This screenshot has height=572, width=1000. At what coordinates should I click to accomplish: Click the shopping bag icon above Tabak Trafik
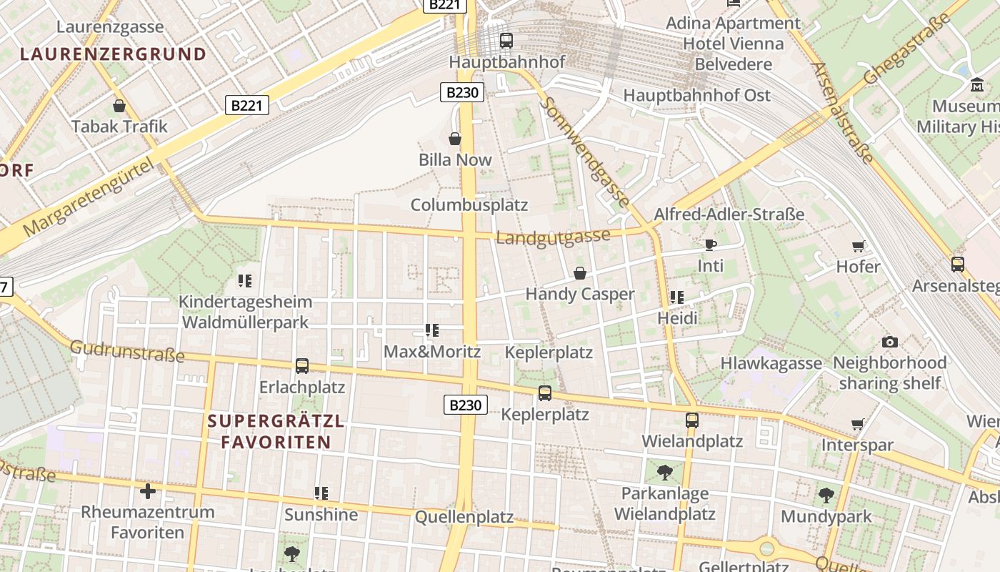119,107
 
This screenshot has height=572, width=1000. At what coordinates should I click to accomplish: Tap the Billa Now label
455,159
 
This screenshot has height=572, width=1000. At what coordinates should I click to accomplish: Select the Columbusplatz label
469,205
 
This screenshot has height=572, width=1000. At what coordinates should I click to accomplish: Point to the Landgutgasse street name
554,237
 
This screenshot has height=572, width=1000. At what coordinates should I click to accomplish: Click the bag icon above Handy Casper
580,273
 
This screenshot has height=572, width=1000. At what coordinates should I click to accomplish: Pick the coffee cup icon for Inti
710,245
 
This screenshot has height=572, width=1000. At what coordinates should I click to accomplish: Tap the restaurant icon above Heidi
677,297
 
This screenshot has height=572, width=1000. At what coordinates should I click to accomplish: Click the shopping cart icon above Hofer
858,247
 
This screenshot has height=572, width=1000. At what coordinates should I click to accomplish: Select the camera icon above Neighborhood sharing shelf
889,342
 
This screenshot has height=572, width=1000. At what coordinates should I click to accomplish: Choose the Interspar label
857,445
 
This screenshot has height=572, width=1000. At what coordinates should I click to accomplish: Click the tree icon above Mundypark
826,495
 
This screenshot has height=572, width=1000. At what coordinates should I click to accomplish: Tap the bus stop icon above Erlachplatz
302,366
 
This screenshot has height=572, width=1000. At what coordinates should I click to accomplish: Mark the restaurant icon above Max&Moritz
431,330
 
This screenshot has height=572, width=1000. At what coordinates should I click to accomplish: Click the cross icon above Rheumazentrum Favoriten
148,491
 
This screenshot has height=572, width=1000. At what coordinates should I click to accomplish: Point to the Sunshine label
321,515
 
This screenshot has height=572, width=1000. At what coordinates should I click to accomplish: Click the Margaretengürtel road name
89,199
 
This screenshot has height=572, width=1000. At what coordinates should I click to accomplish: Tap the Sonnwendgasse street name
585,152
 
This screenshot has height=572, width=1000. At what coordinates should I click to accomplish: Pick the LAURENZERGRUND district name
113,54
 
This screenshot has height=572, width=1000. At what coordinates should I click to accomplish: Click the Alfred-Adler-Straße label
729,214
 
